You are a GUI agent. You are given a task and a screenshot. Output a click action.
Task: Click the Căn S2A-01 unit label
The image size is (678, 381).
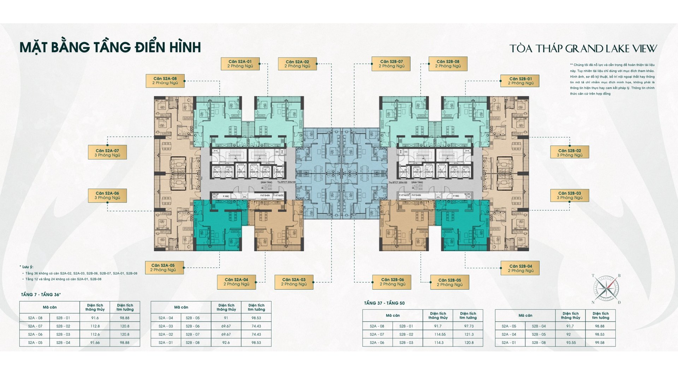pos(240,64)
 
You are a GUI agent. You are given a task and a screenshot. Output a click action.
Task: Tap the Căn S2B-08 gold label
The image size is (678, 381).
pos(448,64)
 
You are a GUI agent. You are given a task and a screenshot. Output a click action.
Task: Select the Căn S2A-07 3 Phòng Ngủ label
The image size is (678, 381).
pos(107,153)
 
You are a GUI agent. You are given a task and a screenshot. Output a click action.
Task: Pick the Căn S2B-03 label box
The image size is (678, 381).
pos(569,195)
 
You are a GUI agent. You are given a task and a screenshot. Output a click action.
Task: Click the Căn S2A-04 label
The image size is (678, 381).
pos(236,282)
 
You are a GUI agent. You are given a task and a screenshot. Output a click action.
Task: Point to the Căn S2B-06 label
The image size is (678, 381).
pos(392,282)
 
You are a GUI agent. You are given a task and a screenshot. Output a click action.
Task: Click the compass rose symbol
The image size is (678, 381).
pos(606,289)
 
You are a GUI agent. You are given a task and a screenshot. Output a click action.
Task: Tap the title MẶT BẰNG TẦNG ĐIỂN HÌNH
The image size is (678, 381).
pos(110,47)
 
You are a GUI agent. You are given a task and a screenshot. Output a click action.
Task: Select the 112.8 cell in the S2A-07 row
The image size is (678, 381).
pos(95,326)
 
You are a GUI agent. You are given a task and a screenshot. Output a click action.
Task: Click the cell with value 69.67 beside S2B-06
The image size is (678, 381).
pos(226,326)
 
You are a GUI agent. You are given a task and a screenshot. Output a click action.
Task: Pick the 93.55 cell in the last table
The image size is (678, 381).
pos(571,343)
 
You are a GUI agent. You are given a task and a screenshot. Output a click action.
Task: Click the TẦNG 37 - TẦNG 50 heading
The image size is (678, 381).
pos(384,303)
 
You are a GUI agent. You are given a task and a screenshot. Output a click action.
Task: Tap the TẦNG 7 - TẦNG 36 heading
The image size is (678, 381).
pos(41,295)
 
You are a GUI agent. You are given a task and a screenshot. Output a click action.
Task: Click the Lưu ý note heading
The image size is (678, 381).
pos(27,267)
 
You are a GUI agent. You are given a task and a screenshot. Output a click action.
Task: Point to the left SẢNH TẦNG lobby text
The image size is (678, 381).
pos(266,182)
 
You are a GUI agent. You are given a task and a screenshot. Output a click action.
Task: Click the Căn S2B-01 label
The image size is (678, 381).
pos(520,81)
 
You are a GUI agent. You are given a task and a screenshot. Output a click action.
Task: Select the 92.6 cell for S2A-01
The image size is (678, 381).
pos(226,343)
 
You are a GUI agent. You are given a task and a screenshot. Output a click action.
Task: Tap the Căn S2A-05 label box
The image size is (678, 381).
pos(164,268)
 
